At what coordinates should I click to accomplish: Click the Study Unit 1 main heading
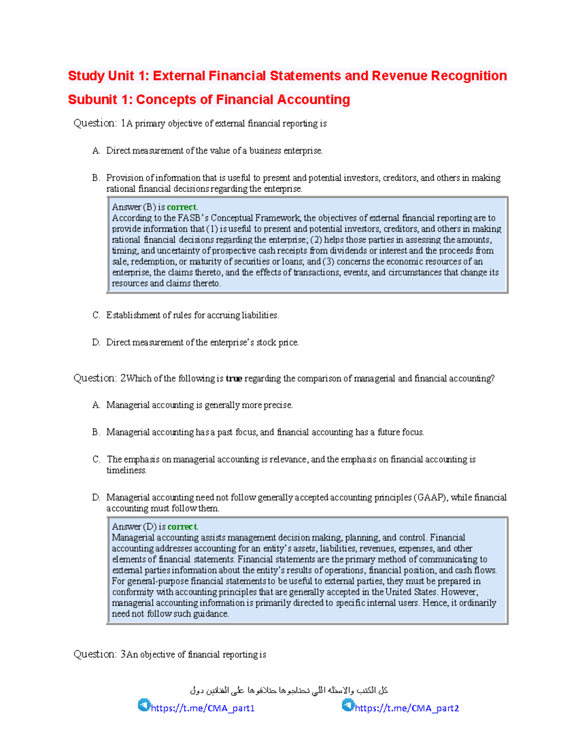pyautogui.click(x=287, y=76)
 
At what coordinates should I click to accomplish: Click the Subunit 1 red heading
pyautogui.click(x=209, y=100)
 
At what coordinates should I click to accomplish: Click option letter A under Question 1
pyautogui.click(x=96, y=151)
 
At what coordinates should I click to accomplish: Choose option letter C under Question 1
pyautogui.click(x=96, y=315)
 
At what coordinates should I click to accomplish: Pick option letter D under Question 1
pyautogui.click(x=96, y=342)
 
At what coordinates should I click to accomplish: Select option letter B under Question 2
pyautogui.click(x=96, y=432)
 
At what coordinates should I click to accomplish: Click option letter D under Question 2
pyautogui.click(x=96, y=498)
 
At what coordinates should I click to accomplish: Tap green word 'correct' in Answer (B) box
pyautogui.click(x=182, y=207)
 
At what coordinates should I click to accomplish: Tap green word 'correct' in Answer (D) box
pyautogui.click(x=182, y=527)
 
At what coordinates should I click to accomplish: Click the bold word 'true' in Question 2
pyautogui.click(x=234, y=379)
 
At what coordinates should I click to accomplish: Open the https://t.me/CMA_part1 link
pyautogui.click(x=203, y=708)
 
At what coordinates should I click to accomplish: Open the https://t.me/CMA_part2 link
pyautogui.click(x=407, y=708)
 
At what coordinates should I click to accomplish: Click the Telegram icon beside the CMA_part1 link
pyautogui.click(x=144, y=705)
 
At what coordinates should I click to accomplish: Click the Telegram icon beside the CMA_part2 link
pyautogui.click(x=348, y=705)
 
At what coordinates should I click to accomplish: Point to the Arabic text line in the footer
pyautogui.click(x=289, y=690)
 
